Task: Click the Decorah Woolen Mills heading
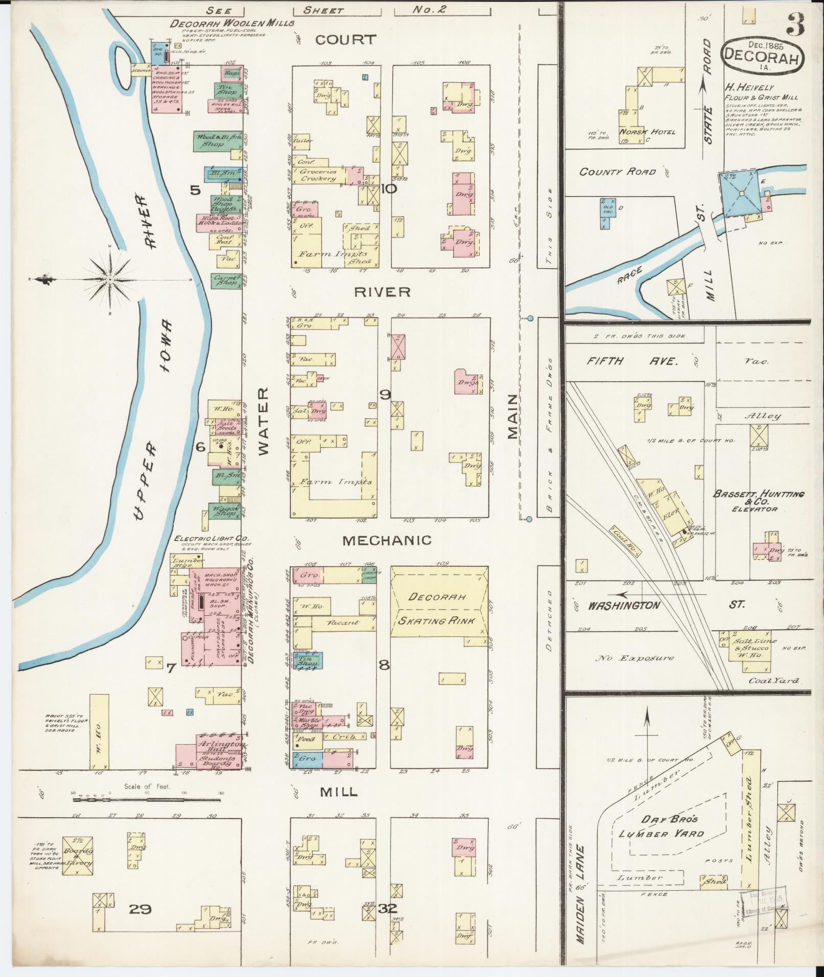[232, 23]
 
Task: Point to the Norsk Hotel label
[647, 132]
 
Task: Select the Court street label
[345, 40]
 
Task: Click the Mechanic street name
[387, 540]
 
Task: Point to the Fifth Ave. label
[632, 361]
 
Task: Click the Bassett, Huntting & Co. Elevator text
[759, 501]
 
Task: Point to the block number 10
[388, 189]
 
